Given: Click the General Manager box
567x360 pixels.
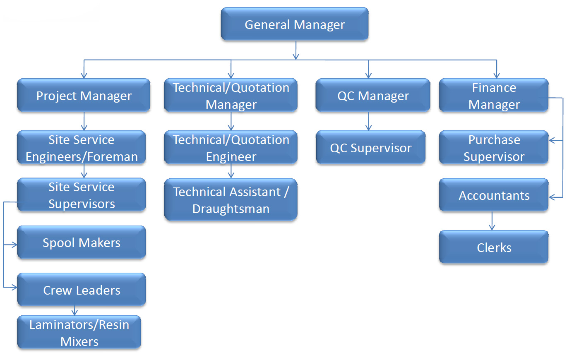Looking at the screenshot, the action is [295, 24].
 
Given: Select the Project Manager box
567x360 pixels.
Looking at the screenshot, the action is [84, 95].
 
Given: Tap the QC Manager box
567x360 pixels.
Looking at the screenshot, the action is [373, 95].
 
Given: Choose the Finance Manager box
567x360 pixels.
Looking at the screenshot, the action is [494, 95].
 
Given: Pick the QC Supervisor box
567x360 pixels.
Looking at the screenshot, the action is [370, 147].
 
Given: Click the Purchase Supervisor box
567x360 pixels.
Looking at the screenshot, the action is [494, 147].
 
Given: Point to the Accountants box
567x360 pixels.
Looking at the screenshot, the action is [494, 195].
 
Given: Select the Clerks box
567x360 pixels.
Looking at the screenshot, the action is [494, 247].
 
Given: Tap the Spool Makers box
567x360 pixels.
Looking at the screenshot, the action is [82, 242].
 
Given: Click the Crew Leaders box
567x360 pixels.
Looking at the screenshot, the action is [82, 289].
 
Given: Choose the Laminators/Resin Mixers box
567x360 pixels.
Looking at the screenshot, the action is [79, 332].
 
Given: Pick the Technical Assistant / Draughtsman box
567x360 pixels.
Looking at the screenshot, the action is [231, 199].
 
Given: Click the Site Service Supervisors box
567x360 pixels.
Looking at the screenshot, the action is [82, 195].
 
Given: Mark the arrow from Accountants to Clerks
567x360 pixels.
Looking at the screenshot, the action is [492, 221].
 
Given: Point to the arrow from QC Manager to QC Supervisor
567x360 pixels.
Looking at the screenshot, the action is [368, 121].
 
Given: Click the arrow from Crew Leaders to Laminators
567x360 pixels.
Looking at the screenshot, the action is [74, 311].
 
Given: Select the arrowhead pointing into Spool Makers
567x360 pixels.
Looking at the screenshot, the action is [14, 245].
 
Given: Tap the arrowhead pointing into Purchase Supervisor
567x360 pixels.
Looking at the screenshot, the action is [552, 140].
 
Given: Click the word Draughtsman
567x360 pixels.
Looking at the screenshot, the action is [231, 209].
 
